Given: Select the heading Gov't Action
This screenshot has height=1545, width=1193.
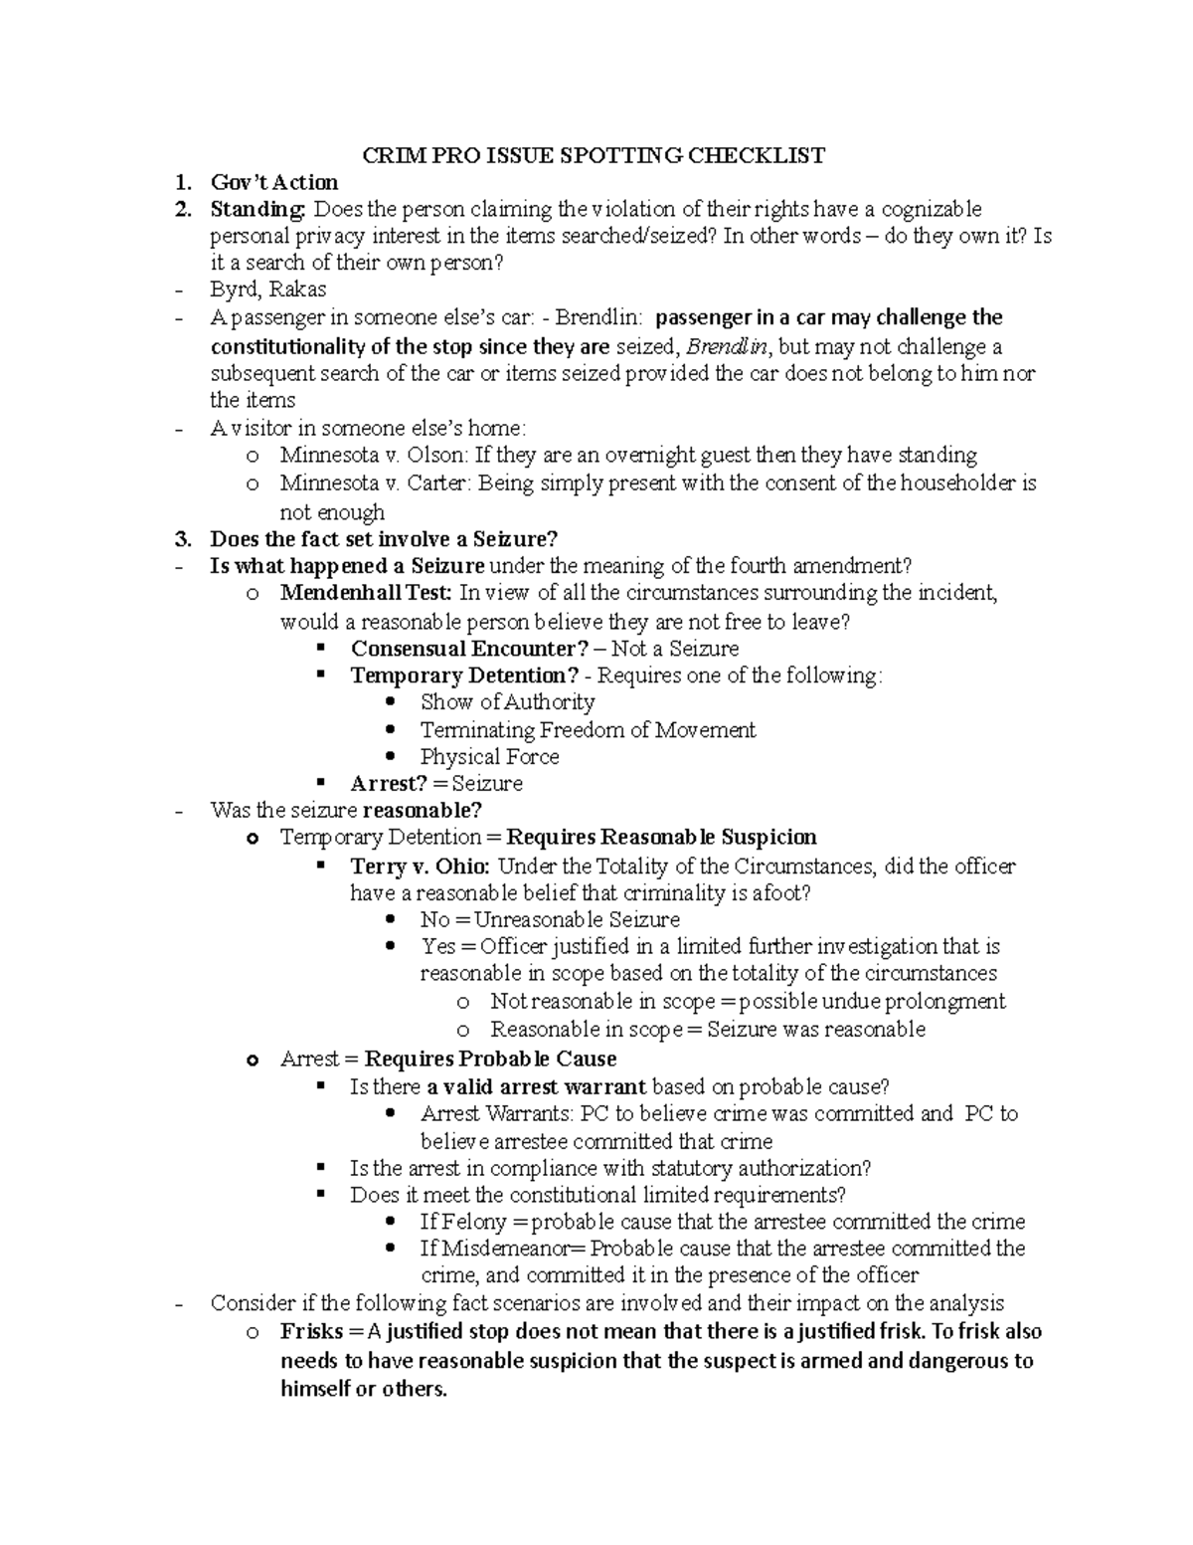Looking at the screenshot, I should click(x=273, y=182).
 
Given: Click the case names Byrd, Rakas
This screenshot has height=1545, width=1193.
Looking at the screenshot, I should click(x=267, y=290).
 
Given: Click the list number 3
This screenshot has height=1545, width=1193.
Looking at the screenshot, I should click(x=181, y=539).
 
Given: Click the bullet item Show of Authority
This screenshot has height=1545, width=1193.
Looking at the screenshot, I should click(x=507, y=702).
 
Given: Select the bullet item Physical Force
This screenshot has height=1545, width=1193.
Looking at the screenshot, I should click(x=489, y=757).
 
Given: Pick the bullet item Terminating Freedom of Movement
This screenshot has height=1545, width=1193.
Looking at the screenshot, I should click(x=588, y=730).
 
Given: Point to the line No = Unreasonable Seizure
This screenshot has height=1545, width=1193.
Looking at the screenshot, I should click(x=550, y=920).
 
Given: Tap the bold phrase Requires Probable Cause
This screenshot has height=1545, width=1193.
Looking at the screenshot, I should click(x=490, y=1059).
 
